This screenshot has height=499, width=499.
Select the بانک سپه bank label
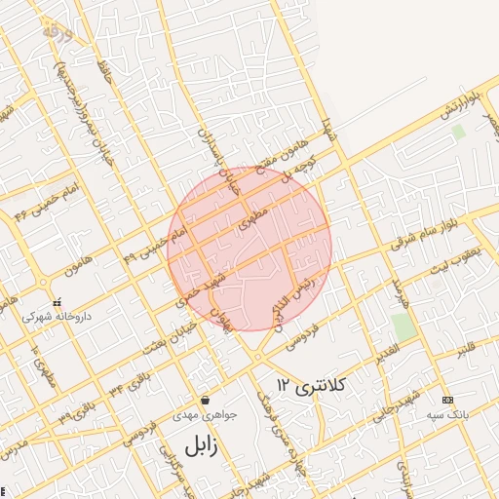[448, 413]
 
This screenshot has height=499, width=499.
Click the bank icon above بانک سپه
[447, 400]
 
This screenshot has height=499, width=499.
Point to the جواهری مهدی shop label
[206, 413]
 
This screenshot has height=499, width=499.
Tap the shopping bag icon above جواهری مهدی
[206, 400]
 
